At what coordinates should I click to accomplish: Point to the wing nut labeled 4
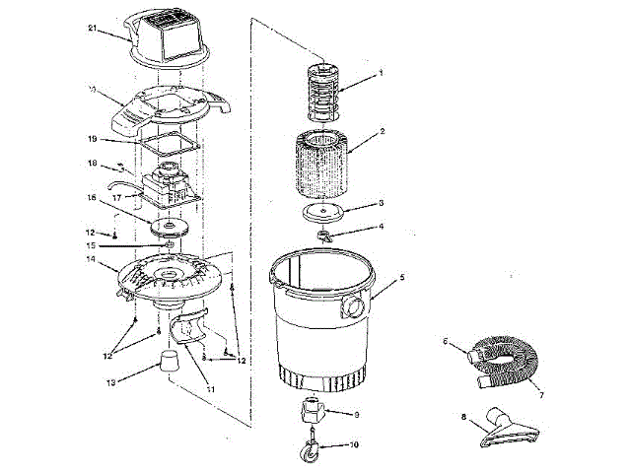pos(325,236)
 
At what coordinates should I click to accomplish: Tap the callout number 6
pos(446,341)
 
